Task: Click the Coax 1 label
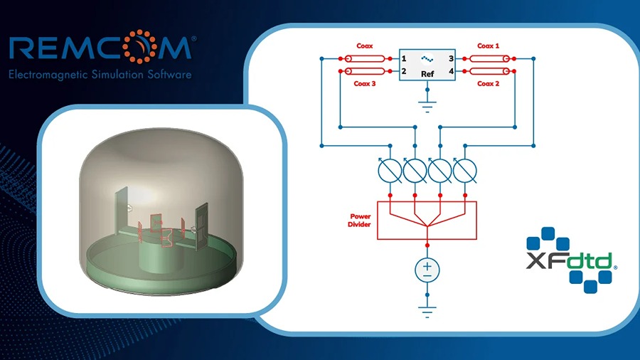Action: point(488,46)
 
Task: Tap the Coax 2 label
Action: point(488,83)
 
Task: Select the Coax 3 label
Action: point(365,83)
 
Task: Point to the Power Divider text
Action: point(360,221)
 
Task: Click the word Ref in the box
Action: point(427,74)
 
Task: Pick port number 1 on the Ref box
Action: point(404,59)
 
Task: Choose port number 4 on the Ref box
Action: point(451,71)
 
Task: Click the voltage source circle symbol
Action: point(427,270)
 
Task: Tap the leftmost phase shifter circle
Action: point(390,171)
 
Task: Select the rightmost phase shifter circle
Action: point(465,171)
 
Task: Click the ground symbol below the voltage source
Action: point(427,311)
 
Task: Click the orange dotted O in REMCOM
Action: point(140,46)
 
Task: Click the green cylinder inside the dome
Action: point(161,254)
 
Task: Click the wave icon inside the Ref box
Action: point(427,59)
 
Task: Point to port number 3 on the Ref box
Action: point(451,59)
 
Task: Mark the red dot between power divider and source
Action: point(427,245)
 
